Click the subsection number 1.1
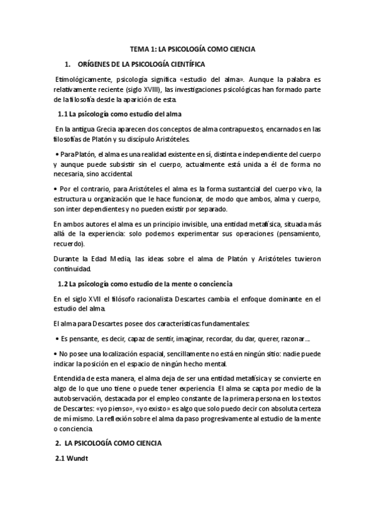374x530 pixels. [x=62, y=114]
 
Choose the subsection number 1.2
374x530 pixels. [x=62, y=284]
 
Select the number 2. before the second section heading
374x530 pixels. [x=57, y=442]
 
